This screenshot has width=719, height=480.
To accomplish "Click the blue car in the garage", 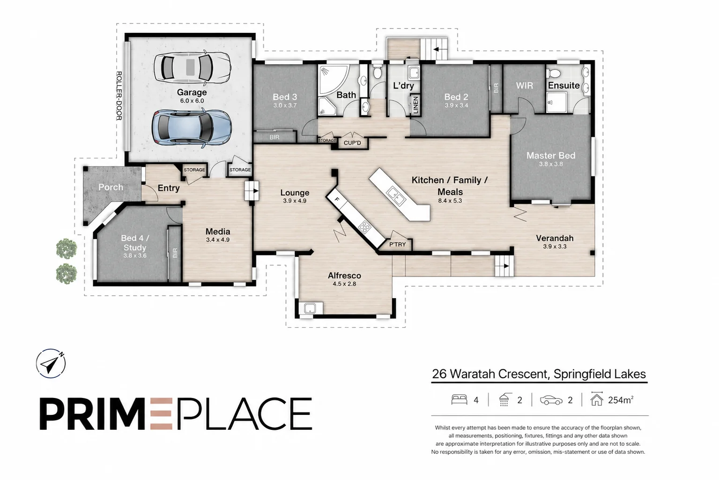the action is click(x=192, y=127).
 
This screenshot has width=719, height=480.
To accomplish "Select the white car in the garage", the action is click(x=192, y=67).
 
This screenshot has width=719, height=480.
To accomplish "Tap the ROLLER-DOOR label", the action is click(x=119, y=96).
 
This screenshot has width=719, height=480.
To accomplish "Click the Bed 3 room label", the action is click(x=285, y=97).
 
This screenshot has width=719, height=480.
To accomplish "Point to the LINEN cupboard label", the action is click(x=415, y=105).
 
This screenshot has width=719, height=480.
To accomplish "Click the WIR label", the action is click(x=525, y=85).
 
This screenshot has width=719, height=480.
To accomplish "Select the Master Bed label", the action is click(x=551, y=156).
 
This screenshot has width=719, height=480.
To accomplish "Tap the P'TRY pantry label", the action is click(x=397, y=245).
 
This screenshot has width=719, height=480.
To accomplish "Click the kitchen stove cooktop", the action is click(x=364, y=227).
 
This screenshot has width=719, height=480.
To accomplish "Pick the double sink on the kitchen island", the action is click(x=396, y=195).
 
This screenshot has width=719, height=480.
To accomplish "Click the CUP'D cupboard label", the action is click(x=352, y=143).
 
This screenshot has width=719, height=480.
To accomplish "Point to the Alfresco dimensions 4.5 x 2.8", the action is click(x=344, y=284).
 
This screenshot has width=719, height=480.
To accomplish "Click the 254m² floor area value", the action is click(x=621, y=400).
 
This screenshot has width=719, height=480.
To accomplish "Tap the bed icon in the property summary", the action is click(x=459, y=399).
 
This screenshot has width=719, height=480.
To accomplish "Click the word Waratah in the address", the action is click(x=473, y=374).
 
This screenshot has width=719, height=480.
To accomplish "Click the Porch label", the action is click(x=111, y=187).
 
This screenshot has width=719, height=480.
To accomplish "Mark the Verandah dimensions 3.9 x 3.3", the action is click(x=555, y=247).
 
